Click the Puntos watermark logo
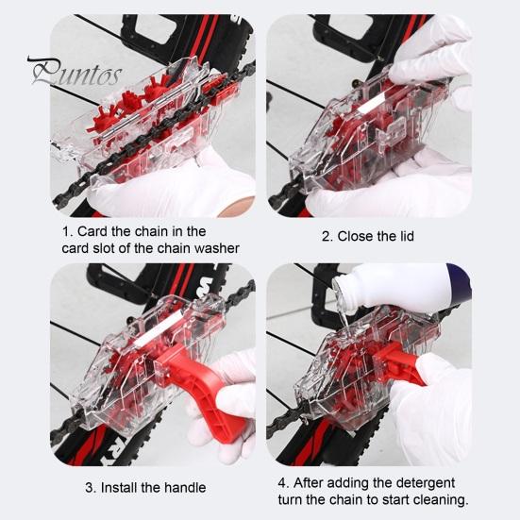click(75, 72)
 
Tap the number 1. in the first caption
click(67, 231)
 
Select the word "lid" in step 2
click(406, 236)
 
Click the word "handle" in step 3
click(185, 488)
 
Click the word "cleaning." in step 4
click(442, 499)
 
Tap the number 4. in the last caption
click(284, 483)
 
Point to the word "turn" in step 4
click(291, 499)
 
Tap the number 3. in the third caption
click(91, 488)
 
